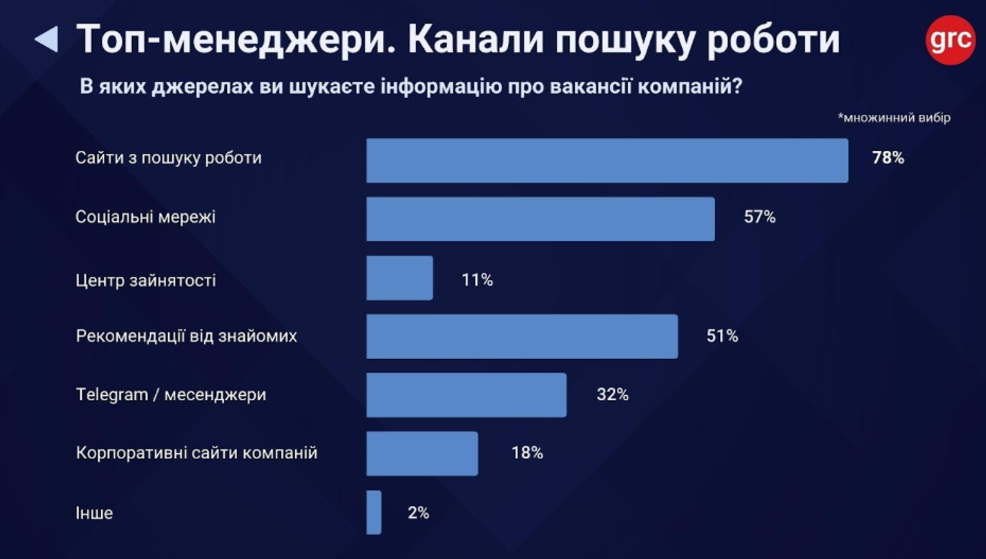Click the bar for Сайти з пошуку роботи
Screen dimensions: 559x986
point(607,161)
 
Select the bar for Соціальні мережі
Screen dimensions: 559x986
point(540,219)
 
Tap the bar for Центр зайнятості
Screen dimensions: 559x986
point(400,278)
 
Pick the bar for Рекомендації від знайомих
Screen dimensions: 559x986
point(522,337)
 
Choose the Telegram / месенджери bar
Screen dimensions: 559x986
point(466,395)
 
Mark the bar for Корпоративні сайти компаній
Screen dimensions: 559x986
point(422,453)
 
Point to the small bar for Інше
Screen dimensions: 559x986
point(374,513)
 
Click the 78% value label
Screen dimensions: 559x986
point(887,158)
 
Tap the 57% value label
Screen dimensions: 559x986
point(759,217)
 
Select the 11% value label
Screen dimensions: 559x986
point(477,280)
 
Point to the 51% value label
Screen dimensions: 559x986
point(722,336)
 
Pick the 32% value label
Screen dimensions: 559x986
point(612,395)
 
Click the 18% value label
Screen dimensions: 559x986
point(527,453)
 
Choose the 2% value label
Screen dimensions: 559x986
point(418,513)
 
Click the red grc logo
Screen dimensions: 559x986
point(950,40)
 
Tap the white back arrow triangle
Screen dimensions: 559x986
point(47,39)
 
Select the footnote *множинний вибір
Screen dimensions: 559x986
point(894,118)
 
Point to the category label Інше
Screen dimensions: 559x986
point(94,513)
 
